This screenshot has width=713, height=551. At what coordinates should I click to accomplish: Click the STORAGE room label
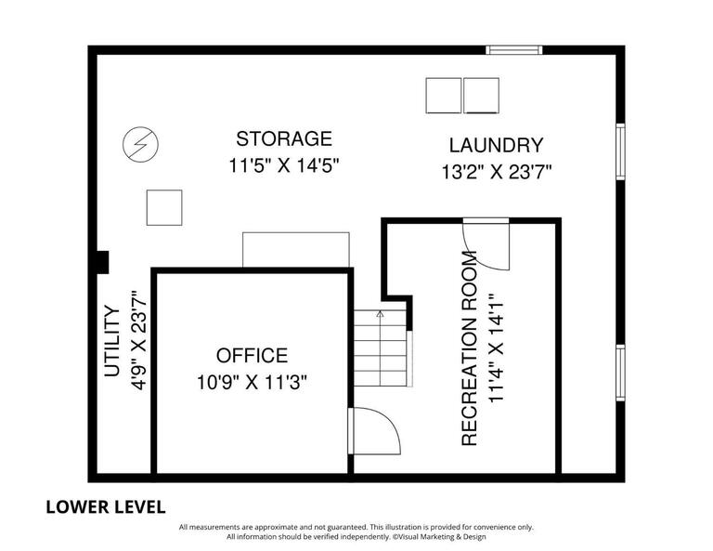pos(283,139)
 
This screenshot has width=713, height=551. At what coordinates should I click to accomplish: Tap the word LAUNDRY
pos(496,145)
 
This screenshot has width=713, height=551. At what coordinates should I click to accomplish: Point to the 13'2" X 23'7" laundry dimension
pos(496,172)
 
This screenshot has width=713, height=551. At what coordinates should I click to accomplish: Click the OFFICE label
pos(252,355)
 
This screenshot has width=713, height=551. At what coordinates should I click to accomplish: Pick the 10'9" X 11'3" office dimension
pos(252,381)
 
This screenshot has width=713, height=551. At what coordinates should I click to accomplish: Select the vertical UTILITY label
pos(112,341)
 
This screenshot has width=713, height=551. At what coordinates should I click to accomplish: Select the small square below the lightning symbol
pos(163,206)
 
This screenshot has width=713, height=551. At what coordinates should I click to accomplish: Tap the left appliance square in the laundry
pos(443,95)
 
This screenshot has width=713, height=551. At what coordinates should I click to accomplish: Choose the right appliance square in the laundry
pos(481,95)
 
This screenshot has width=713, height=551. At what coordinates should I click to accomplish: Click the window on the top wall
pos(513,50)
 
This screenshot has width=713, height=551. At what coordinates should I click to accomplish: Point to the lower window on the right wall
pos(619,372)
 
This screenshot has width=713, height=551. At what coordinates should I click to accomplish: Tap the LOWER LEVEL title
pos(106,506)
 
